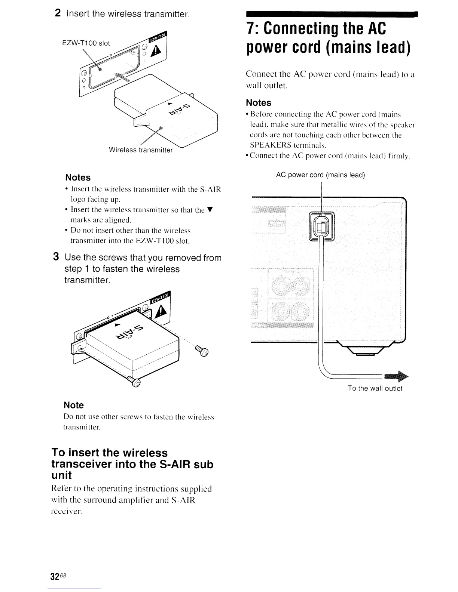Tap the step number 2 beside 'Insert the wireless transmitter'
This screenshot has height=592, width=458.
pyautogui.click(x=58, y=13)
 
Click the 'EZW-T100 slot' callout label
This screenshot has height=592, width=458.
pyautogui.click(x=86, y=43)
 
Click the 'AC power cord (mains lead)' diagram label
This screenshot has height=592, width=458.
pyautogui.click(x=320, y=175)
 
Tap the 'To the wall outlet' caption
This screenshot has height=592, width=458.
pyautogui.click(x=375, y=388)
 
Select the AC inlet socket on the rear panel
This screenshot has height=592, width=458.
pyautogui.click(x=321, y=226)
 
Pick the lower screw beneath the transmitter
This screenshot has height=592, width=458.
pyautogui.click(x=134, y=382)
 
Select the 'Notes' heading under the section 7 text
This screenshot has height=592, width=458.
pyautogui.click(x=259, y=103)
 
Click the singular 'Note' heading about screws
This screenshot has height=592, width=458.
pyautogui.click(x=74, y=405)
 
